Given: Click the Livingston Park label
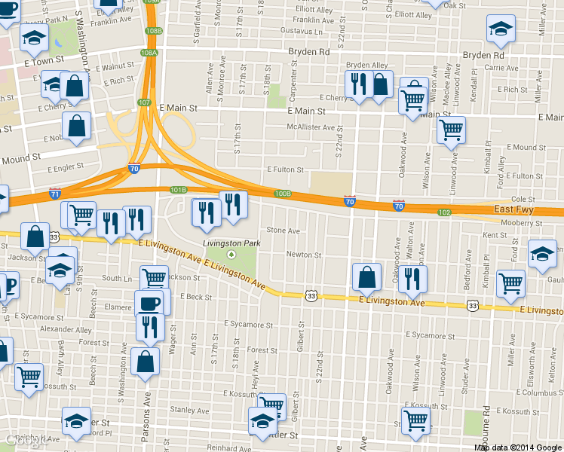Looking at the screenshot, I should pyautogui.click(x=231, y=243).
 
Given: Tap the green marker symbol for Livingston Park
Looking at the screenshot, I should pyautogui.click(x=231, y=255).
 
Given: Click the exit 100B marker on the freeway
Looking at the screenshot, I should pyautogui.click(x=283, y=194).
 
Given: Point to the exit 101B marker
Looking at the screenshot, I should pyautogui.click(x=178, y=190).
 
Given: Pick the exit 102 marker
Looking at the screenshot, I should pyautogui.click(x=445, y=212).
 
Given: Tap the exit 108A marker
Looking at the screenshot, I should pyautogui.click(x=149, y=53).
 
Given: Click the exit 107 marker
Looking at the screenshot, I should pyautogui.click(x=145, y=102).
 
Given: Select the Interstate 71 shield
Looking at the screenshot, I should pyautogui.click(x=54, y=194).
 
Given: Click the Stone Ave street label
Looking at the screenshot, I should pyautogui.click(x=284, y=231).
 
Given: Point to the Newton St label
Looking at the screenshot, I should pyautogui.click(x=303, y=255).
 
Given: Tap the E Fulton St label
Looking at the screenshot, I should pyautogui.click(x=284, y=170).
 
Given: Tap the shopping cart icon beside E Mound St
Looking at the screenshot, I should pyautogui.click(x=451, y=130).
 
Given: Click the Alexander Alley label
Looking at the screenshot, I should pyautogui.click(x=66, y=329).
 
